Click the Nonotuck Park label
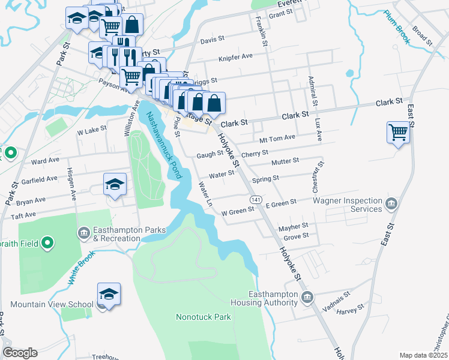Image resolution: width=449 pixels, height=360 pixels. click(203, 316)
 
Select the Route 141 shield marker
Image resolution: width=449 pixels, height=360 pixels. click(256, 199)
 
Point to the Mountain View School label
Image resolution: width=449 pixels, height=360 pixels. click(52, 304)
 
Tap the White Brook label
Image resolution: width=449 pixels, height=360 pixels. click(74, 267)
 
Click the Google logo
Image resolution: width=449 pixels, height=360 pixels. click(20, 353)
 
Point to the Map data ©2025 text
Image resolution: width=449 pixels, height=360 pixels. click(423, 355)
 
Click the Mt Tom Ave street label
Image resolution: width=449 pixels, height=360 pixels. click(277, 137)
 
